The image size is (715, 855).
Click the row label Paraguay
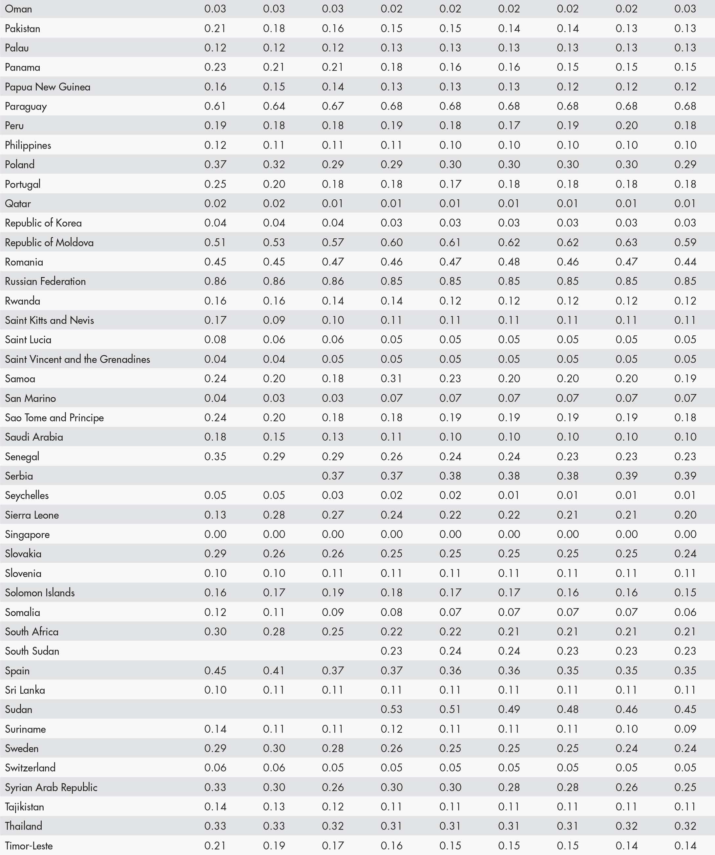(x=26, y=106)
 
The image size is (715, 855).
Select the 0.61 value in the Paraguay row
(x=215, y=106)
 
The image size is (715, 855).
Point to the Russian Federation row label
(x=45, y=281)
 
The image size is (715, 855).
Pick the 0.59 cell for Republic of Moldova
(x=685, y=242)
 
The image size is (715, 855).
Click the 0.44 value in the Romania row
(x=685, y=262)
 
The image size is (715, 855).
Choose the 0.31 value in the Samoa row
(x=391, y=379)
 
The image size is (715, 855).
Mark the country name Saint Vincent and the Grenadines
(x=77, y=359)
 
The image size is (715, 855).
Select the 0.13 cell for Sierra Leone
(x=215, y=515)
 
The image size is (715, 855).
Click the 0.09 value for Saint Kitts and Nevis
(x=274, y=320)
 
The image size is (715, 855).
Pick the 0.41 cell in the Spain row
(x=274, y=670)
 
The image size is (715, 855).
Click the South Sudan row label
(x=32, y=651)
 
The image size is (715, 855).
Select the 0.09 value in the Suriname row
(x=685, y=729)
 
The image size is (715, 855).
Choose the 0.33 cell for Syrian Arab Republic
(x=215, y=787)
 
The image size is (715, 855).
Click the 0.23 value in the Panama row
(x=215, y=67)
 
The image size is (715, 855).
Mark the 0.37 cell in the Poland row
(x=215, y=165)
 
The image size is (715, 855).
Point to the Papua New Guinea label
(x=48, y=87)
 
